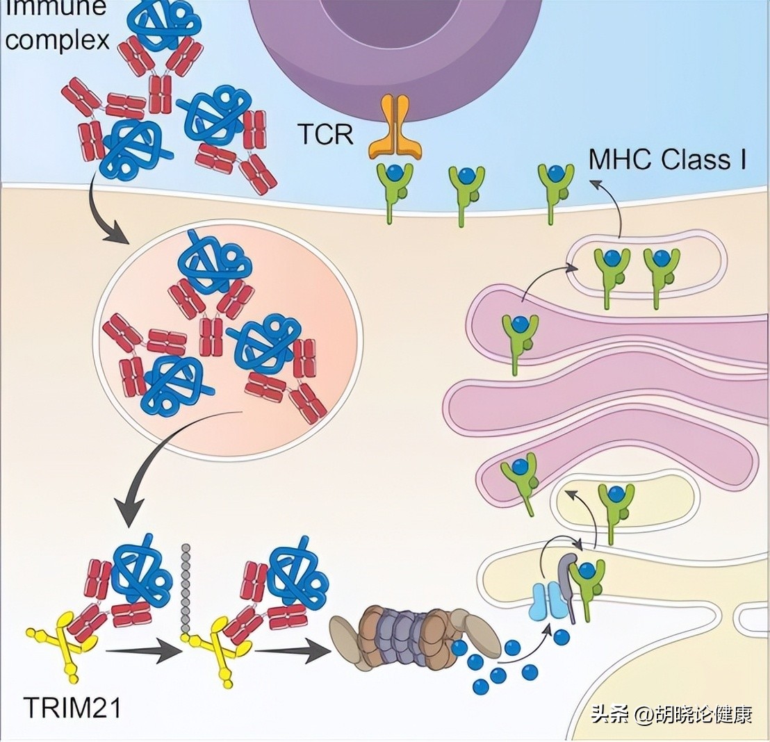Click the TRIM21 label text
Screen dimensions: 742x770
click(73, 708)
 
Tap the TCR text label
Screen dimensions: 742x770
click(326, 134)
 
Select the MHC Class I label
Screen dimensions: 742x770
click(668, 160)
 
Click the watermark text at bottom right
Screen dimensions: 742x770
click(671, 714)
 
